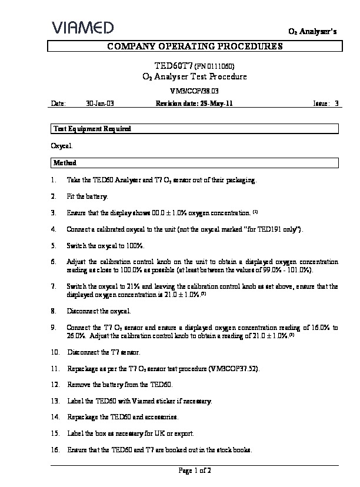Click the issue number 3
point(336,104)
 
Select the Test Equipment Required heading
point(92,129)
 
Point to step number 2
point(54,196)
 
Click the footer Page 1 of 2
point(194,471)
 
